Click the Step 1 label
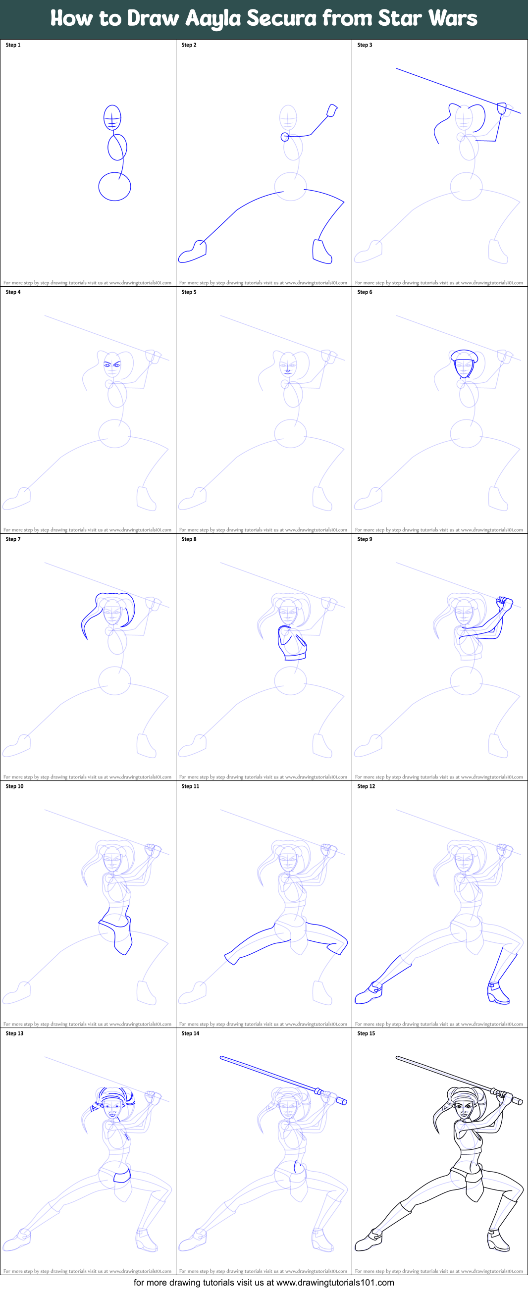click(x=13, y=45)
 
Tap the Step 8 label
click(x=189, y=539)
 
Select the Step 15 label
click(x=366, y=1033)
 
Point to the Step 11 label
click(x=190, y=786)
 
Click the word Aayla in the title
click(x=213, y=18)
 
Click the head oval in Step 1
click(x=112, y=118)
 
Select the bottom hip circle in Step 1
click(x=114, y=186)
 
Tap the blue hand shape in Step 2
click(x=332, y=110)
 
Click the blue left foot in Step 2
click(x=192, y=252)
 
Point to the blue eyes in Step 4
click(x=112, y=365)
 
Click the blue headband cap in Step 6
click(x=465, y=356)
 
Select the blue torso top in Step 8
click(x=292, y=643)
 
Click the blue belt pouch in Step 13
click(x=122, y=1175)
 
